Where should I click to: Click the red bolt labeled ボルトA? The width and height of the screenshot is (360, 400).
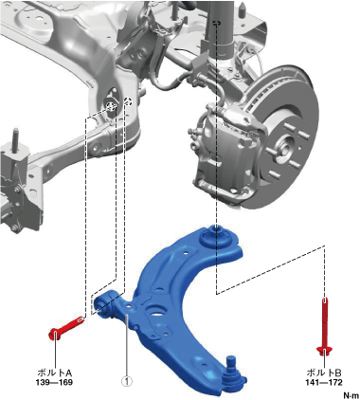66,328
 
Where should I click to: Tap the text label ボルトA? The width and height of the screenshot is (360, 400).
54,373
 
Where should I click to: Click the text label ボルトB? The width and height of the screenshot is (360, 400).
324,373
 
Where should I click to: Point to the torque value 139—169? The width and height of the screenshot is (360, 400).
54,383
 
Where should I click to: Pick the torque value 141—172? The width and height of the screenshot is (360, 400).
324,383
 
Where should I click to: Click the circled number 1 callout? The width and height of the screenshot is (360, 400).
127,382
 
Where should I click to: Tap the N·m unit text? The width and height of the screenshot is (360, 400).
351,395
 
